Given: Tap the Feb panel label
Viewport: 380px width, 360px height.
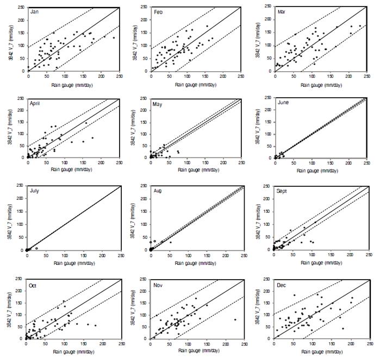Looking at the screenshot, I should click(x=158, y=11).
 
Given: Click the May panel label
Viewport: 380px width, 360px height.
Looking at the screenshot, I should click(x=158, y=103).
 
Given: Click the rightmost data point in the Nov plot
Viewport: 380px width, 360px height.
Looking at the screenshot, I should click(x=235, y=320).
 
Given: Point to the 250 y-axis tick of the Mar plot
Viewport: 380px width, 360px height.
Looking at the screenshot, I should click(x=266, y=7).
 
